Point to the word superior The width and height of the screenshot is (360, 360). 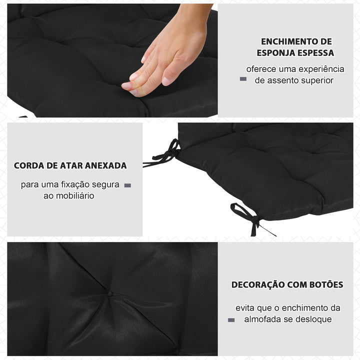pos(315,80)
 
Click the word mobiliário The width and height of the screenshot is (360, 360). pos(74,195)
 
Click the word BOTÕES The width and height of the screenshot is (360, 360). pos(325,284)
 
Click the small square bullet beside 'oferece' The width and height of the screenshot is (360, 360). pos(243,78)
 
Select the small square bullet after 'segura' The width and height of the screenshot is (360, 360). pos(127,185)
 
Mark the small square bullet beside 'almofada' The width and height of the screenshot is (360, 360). pos(231,320)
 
